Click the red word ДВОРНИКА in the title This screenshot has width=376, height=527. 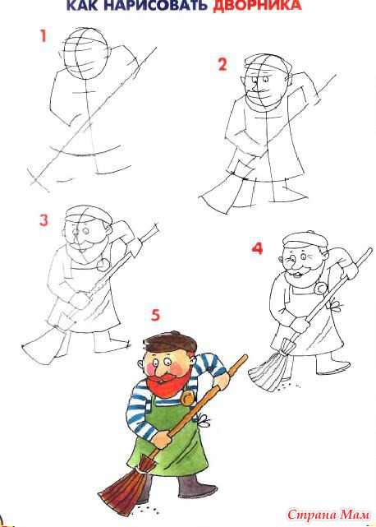click(257, 5)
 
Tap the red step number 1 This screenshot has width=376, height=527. click(43, 36)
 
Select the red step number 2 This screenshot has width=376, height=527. click(222, 64)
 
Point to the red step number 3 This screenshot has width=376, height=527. click(44, 220)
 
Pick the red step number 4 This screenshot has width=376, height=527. click(257, 249)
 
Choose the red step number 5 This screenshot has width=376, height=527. click(155, 315)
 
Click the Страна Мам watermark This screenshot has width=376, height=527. click(328, 515)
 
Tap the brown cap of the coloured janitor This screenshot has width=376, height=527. click(170, 343)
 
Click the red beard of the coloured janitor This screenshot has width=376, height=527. click(168, 382)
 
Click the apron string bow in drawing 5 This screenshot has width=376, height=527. click(203, 419)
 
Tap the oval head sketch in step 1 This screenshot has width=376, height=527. click(86, 53)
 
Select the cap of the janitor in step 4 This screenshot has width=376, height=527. click(305, 239)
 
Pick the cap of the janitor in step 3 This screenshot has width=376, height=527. click(89, 215)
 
